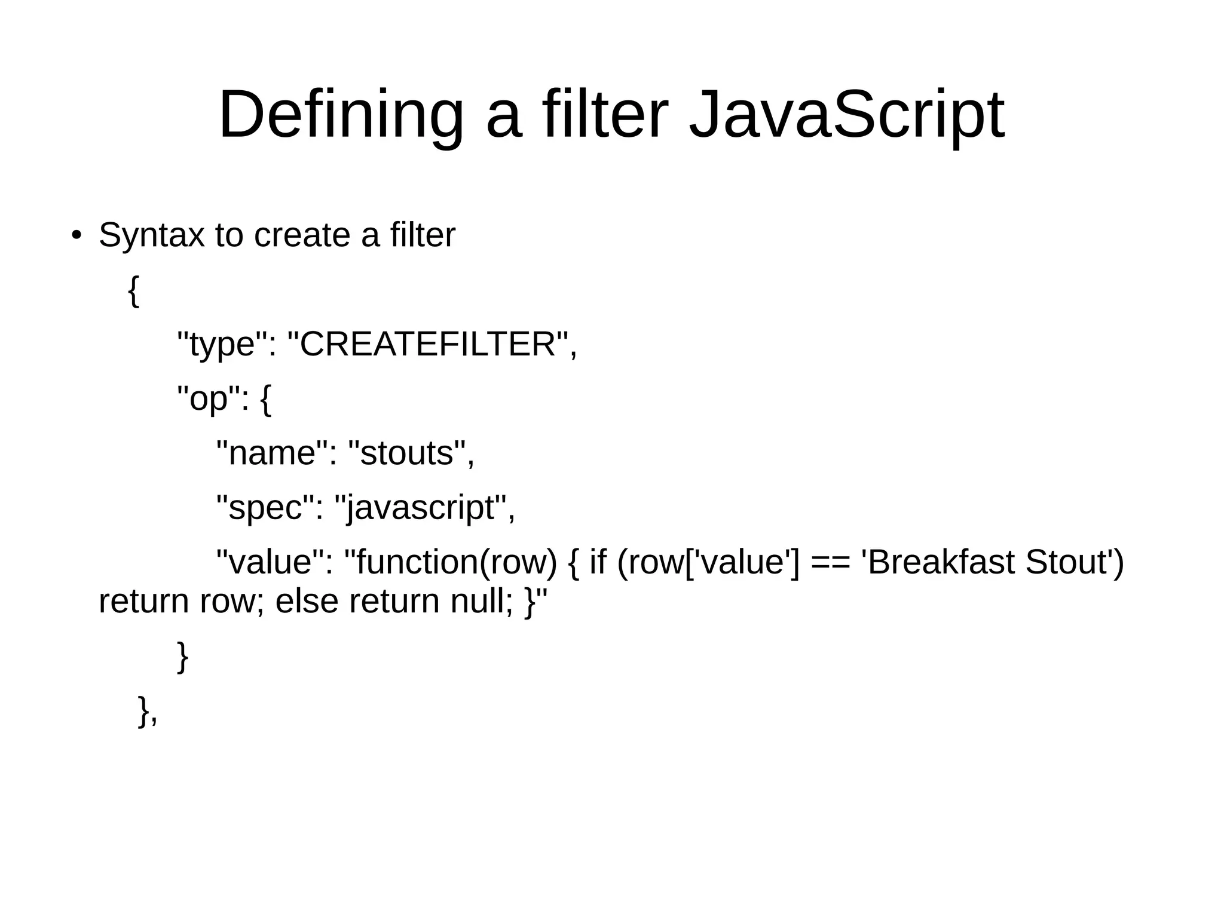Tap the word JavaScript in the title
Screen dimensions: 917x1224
point(846,115)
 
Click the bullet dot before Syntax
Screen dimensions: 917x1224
point(75,235)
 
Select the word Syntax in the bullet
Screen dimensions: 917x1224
point(151,235)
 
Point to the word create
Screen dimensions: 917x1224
point(302,235)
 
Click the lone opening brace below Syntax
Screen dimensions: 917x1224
point(134,291)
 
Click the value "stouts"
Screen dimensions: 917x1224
point(407,453)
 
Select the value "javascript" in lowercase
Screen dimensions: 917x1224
point(420,508)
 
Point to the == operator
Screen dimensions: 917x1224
point(829,563)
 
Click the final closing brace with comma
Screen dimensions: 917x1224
point(147,711)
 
